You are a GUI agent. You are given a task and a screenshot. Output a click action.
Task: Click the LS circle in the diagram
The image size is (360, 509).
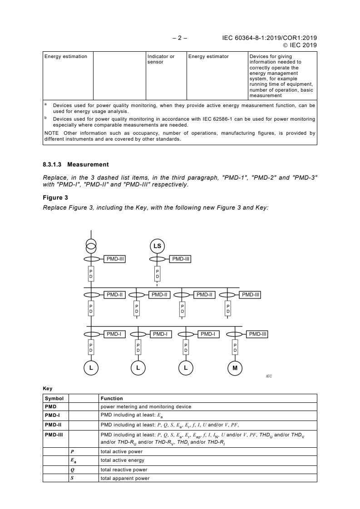[158, 246]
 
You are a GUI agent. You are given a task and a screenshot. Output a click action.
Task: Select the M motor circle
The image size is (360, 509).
[235, 368]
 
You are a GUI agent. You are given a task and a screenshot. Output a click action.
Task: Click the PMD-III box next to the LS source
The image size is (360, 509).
[181, 259]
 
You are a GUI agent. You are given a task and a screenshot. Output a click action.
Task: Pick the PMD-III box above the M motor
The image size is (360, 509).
[257, 334]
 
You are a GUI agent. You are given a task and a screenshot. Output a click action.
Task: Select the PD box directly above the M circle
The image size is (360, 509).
[235, 348]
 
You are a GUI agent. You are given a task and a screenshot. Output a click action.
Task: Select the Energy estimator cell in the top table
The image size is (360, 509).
[208, 57]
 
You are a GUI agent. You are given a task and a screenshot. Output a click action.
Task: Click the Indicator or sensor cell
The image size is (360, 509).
[161, 59]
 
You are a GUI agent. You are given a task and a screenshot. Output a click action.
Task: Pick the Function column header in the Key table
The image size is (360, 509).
[112, 399]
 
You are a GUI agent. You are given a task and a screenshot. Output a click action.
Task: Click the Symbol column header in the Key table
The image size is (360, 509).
[54, 399]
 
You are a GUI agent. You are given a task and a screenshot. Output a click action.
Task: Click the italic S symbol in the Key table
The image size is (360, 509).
[72, 478]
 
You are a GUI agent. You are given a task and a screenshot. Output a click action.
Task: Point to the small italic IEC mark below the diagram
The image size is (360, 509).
[269, 376]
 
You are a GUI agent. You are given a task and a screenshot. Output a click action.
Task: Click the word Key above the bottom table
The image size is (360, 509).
[47, 388]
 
